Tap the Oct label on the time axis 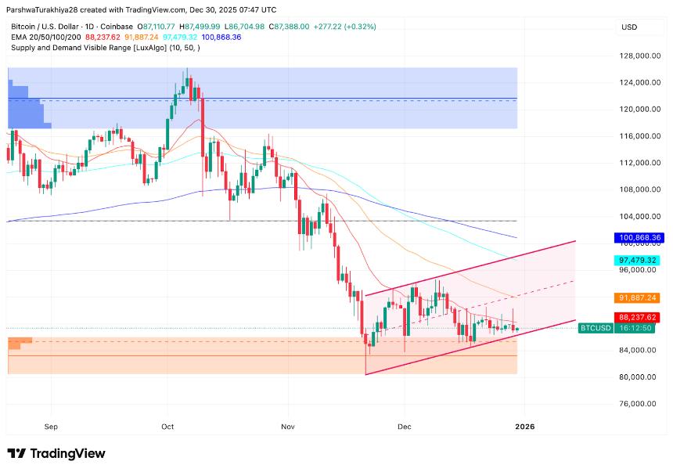(167, 427)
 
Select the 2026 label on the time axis (525, 427)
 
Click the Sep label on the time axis (52, 427)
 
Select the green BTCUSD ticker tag (595, 328)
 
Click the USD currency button (629, 27)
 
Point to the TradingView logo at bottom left (56, 453)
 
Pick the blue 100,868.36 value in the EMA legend (221, 37)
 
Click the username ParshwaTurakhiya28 (47, 10)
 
